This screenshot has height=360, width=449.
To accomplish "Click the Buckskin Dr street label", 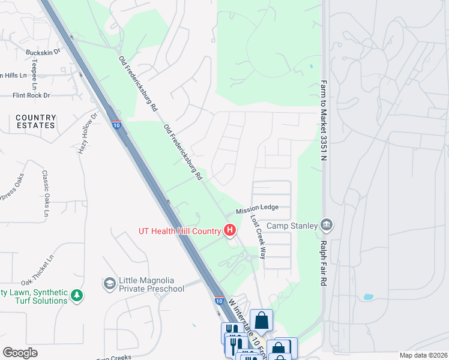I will pyautogui.click(x=43, y=52).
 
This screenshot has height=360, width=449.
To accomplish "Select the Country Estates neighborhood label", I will pyautogui.click(x=36, y=122).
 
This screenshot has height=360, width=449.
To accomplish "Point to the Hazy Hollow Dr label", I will pyautogui.click(x=88, y=133).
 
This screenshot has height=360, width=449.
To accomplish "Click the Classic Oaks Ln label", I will pyautogui.click(x=45, y=193).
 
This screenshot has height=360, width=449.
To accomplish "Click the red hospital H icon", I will pyautogui.click(x=229, y=230).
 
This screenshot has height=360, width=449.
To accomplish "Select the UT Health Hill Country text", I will pyautogui.click(x=179, y=230).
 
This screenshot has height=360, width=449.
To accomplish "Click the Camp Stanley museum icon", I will pyautogui.click(x=327, y=226).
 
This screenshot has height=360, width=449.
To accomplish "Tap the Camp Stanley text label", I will pyautogui.click(x=292, y=226).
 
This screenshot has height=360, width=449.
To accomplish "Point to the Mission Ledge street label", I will pyautogui.click(x=257, y=208).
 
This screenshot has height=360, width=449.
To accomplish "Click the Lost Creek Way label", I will pyautogui.click(x=258, y=236).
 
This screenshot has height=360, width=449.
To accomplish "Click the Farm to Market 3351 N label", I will pyautogui.click(x=324, y=121).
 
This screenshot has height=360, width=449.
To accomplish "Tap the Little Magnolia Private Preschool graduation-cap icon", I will pyautogui.click(x=110, y=283).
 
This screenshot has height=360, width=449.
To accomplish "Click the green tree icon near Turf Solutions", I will pyautogui.click(x=76, y=295).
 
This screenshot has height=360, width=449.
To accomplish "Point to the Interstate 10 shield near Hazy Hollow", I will pyautogui.click(x=116, y=124).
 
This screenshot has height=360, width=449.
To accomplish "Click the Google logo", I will pyautogui.click(x=20, y=353).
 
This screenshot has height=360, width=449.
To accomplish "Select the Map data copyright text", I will pyautogui.click(x=422, y=355).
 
